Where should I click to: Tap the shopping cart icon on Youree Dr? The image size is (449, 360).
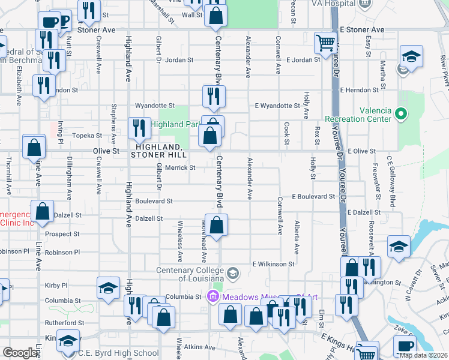tap(325, 43)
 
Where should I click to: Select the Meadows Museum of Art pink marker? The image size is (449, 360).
tap(212, 296)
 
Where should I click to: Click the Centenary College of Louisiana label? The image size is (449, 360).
tap(190, 274)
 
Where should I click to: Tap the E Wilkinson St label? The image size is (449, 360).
tap(273, 263)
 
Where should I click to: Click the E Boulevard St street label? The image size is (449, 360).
tap(313, 196)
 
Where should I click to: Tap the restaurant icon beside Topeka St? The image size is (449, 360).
tap(138, 127)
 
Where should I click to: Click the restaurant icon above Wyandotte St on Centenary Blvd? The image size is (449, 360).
tap(213, 95)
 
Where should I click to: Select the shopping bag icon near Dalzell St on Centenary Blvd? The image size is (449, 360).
tap(217, 225)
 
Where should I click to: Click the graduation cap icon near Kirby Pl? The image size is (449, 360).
tap(108, 289)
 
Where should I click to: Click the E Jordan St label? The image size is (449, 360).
tap(303, 60)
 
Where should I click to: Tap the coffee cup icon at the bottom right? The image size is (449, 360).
tap(405, 346)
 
